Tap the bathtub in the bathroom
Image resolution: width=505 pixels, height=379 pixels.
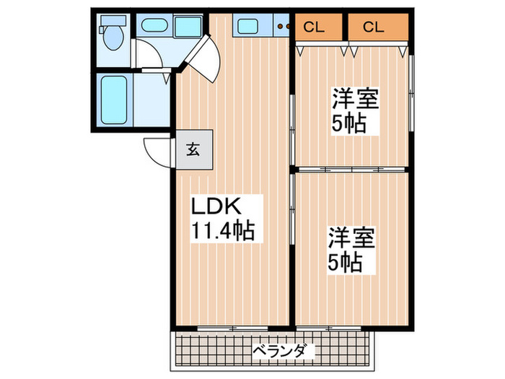(113, 100)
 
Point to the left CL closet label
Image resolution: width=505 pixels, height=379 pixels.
(313, 28)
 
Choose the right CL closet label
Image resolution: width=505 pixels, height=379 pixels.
(373, 28)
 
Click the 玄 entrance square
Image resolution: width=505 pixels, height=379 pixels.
(194, 149)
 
